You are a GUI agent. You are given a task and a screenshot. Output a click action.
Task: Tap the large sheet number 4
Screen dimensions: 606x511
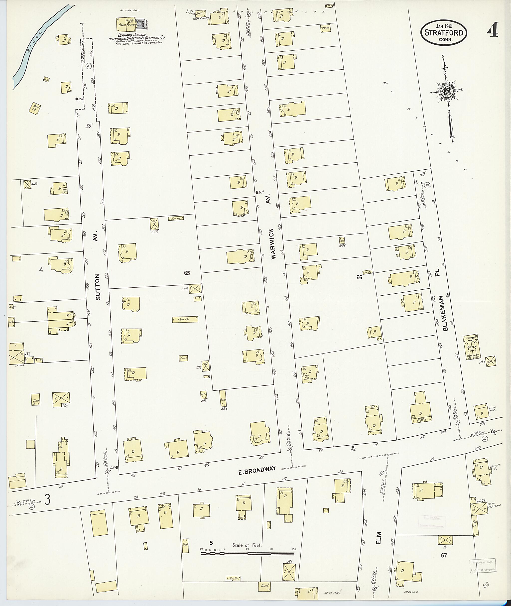(x=492, y=29)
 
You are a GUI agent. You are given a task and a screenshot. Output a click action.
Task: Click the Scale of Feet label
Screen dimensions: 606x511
(x=247, y=545)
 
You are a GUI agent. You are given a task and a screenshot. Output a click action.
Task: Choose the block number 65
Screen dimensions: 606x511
(x=187, y=273)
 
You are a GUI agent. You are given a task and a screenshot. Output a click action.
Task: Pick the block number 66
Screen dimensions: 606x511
(x=359, y=277)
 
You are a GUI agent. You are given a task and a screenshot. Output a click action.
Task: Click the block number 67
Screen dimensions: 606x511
(x=444, y=555)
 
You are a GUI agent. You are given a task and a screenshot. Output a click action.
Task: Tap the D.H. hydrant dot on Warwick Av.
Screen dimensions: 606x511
(x=257, y=192)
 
